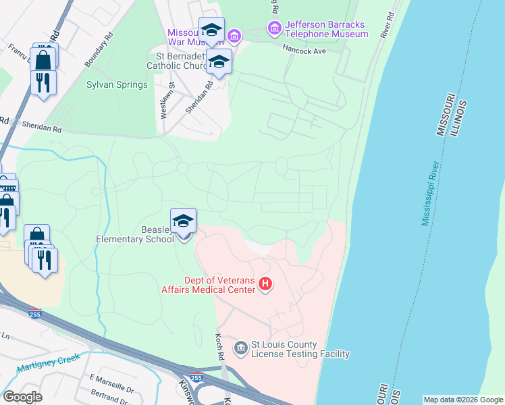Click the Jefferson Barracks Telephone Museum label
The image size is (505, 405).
click(x=326, y=29)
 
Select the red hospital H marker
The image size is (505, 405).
click(x=265, y=285)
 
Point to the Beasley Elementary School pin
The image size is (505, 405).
click(x=183, y=223)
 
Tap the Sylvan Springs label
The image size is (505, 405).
click(x=117, y=84)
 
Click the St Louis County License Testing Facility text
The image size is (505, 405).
click(x=300, y=349)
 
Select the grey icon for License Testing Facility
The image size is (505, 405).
click(x=240, y=348)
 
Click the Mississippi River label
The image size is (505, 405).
click(x=431, y=194)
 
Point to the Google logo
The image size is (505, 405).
click(x=22, y=397)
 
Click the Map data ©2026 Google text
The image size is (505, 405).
click(x=462, y=400)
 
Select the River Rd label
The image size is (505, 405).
click(x=387, y=24)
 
